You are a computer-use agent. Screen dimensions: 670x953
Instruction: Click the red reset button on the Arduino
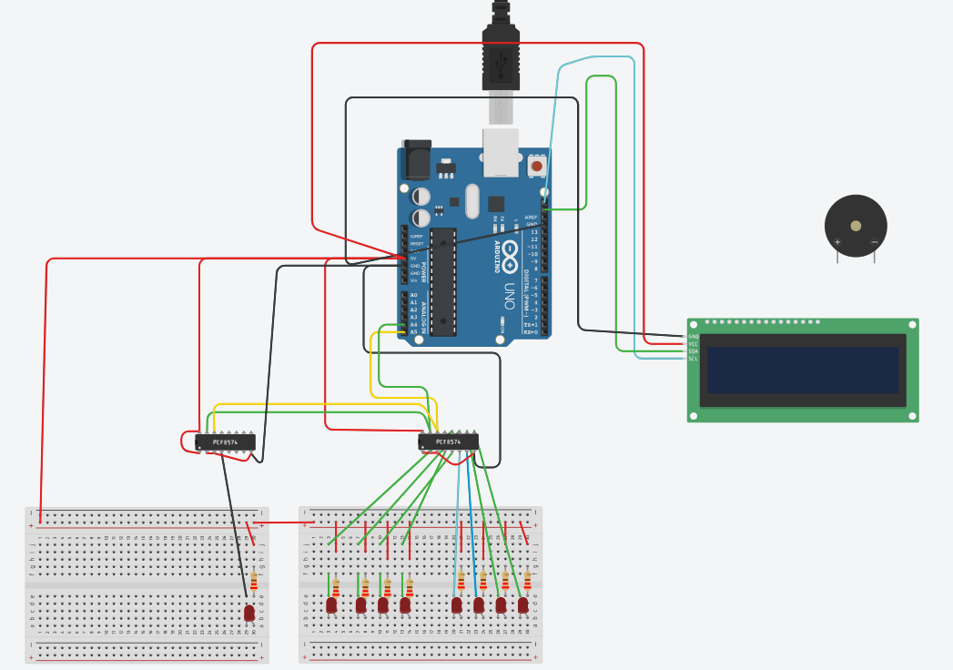(x=537, y=167)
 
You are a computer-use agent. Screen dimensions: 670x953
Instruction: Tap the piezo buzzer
(x=856, y=226)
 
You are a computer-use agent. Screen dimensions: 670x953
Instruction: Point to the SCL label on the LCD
(x=693, y=359)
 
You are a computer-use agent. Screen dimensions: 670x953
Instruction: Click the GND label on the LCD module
(x=693, y=337)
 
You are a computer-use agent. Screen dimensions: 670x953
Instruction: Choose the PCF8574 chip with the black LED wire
(x=225, y=442)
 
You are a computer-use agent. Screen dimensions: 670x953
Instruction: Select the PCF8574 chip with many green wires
(x=448, y=442)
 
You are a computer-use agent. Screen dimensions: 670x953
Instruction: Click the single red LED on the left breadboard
(x=249, y=613)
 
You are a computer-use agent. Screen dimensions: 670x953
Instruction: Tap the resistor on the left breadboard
(x=254, y=581)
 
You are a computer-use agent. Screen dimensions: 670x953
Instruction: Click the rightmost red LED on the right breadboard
(x=523, y=604)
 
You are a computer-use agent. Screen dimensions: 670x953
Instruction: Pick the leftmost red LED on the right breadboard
(x=331, y=604)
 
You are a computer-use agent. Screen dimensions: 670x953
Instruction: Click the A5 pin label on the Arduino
(x=413, y=332)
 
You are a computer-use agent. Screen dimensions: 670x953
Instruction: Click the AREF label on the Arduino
(x=531, y=218)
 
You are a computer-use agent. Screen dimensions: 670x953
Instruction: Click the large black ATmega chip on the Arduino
(x=443, y=282)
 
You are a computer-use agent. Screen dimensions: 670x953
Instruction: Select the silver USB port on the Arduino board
(x=501, y=151)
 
